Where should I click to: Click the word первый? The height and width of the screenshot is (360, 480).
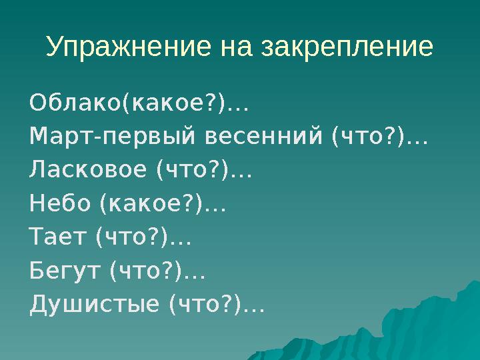149,137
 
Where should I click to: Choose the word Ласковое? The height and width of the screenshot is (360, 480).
87,171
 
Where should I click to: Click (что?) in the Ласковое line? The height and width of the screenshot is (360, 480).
193,171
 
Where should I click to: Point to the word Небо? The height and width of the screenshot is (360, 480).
60,205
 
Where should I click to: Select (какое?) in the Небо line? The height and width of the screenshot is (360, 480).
151,205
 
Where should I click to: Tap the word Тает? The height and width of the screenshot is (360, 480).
59,238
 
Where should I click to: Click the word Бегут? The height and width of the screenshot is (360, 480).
65,271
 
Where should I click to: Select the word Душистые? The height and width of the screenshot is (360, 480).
95,305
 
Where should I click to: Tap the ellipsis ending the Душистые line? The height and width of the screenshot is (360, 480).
253,308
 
